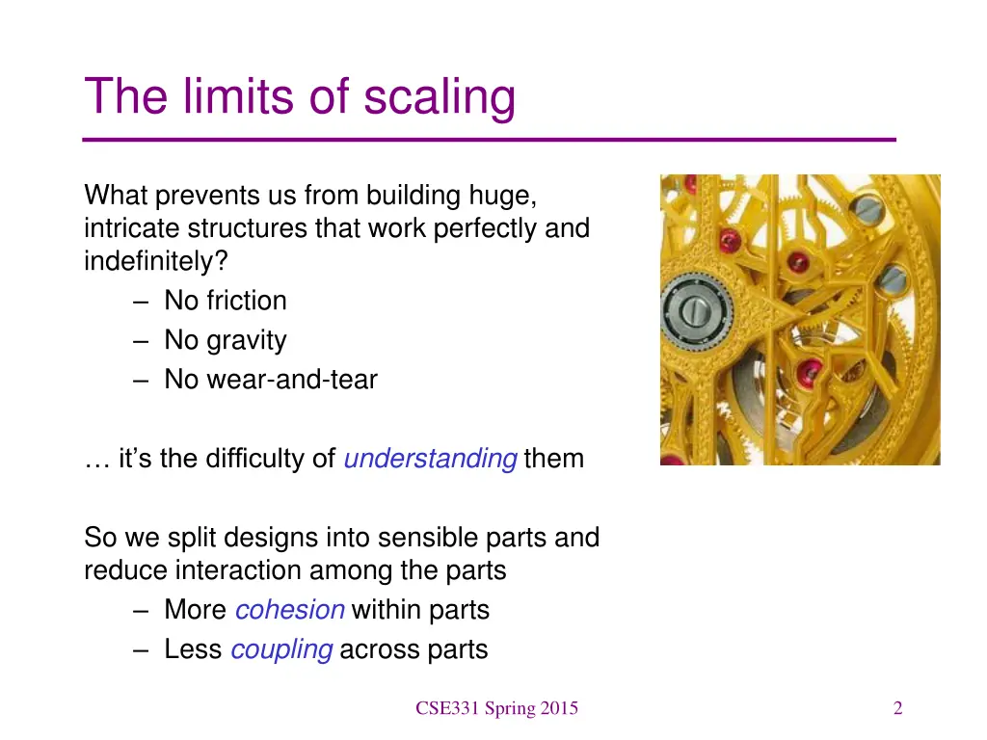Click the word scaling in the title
(x=440, y=98)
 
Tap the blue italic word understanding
(x=430, y=459)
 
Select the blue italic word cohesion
(x=289, y=610)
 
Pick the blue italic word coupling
(x=281, y=649)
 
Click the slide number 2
(x=897, y=709)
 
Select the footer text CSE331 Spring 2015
(x=496, y=709)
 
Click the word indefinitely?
(x=148, y=262)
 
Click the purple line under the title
(x=490, y=141)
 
